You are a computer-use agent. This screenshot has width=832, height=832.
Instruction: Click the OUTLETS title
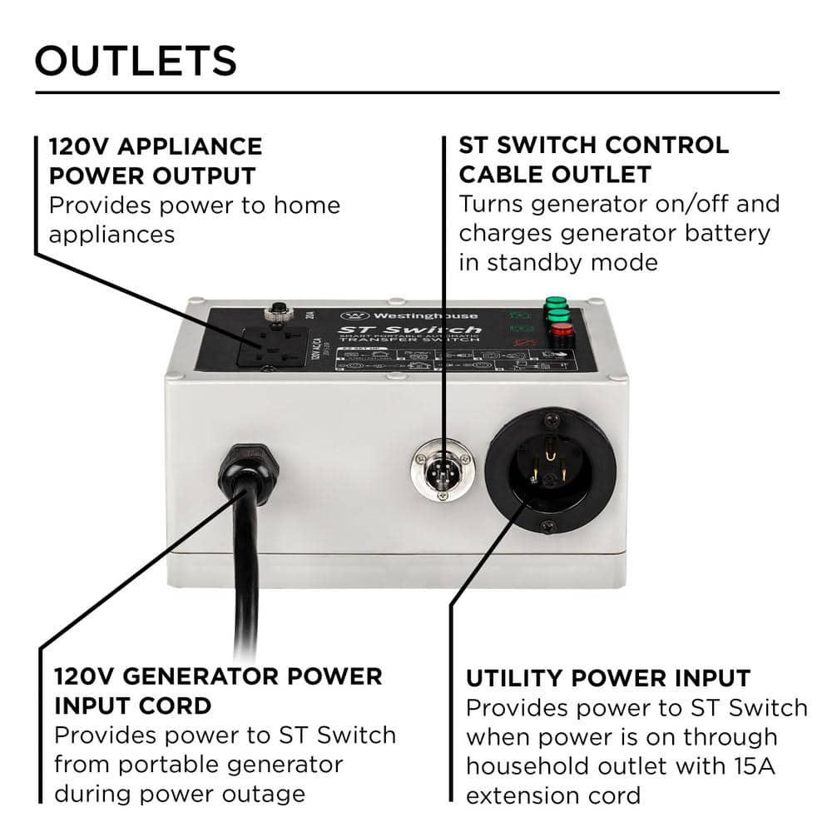tap(136, 60)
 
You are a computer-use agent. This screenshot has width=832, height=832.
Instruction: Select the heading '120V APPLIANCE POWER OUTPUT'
tap(155, 161)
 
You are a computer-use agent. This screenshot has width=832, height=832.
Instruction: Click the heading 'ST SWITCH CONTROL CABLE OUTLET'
tap(593, 159)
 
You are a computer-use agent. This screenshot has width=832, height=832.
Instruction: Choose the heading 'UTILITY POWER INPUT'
tap(608, 678)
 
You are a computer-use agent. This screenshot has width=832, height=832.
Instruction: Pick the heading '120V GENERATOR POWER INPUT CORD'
tap(218, 691)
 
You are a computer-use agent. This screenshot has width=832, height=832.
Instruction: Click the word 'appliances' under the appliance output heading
tap(111, 234)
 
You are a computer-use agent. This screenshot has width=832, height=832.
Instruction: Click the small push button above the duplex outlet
tap(274, 314)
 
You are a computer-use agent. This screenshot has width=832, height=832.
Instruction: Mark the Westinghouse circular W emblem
tap(353, 317)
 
